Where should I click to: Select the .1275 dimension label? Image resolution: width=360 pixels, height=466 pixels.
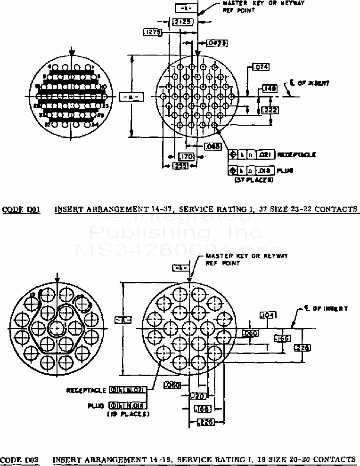click(152, 32)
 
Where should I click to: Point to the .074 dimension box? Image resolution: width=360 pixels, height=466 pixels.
click(261, 67)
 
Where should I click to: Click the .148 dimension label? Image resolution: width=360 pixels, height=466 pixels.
click(270, 88)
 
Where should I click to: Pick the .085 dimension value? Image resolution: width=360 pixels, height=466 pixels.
click(213, 147)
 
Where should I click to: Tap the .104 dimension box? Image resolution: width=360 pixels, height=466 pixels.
click(268, 315)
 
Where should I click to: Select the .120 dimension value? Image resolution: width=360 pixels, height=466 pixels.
click(196, 396)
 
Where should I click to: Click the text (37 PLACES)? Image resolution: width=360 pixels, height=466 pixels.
click(254, 179)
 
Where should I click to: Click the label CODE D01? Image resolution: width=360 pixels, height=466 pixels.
click(21, 209)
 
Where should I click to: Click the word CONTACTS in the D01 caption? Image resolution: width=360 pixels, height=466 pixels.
click(336, 209)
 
